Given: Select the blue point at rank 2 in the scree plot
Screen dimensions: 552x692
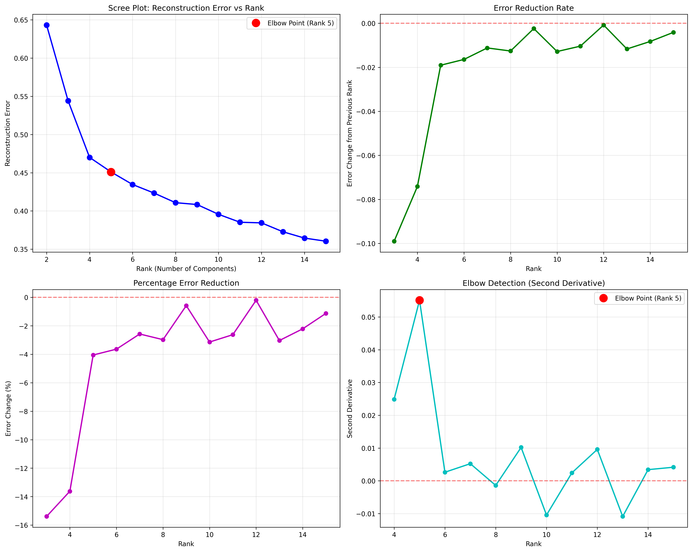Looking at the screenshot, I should tap(47, 25).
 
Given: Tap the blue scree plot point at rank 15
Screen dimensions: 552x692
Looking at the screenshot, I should tap(326, 241).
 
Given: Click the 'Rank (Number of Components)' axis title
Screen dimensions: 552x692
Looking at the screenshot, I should tap(186, 269).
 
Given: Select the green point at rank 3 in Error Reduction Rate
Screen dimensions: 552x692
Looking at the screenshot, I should tap(394, 241).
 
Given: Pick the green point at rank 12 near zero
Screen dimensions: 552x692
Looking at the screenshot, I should tap(603, 25).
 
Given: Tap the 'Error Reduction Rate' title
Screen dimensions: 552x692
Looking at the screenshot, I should tap(533, 8).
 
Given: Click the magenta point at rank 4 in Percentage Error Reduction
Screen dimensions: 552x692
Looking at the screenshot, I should tap(70, 491).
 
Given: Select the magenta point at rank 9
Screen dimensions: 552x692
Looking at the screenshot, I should tap(186, 306).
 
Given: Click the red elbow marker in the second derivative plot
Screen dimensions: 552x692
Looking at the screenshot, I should tap(420, 300).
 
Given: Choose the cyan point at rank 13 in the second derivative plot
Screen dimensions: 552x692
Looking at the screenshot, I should tap(623, 516).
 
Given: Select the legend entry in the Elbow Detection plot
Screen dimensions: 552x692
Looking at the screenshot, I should tap(639, 298).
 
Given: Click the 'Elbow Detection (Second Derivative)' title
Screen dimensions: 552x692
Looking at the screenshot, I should tap(533, 283).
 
